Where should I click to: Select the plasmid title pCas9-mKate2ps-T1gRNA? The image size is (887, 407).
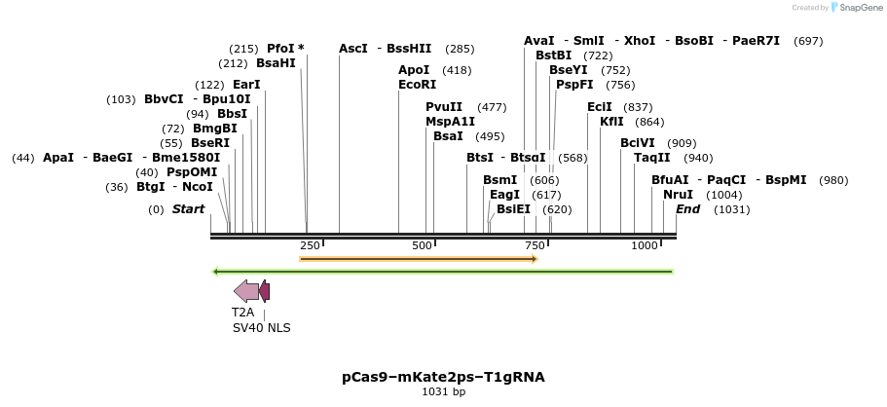point(443,376)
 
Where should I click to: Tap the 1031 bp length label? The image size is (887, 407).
point(443,391)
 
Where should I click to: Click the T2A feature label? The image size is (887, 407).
point(242,313)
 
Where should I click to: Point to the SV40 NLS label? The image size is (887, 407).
point(261,328)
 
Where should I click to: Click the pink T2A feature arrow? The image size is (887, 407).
point(246,290)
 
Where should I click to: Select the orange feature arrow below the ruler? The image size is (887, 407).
point(419,259)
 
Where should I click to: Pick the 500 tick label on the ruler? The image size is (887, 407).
point(422,245)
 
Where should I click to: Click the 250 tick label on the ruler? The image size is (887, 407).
point(310,245)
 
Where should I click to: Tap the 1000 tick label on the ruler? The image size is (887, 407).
point(645,245)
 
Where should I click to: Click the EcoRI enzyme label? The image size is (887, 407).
point(417,85)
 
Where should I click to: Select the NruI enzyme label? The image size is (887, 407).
point(678,195)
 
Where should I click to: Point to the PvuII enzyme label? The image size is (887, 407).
point(444,107)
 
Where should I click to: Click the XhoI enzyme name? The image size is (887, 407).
point(640,41)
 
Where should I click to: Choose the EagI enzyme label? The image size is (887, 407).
point(504,195)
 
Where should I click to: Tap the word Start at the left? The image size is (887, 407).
point(188,209)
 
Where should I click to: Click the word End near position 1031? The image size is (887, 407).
point(687,209)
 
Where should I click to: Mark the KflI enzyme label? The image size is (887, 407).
point(611,122)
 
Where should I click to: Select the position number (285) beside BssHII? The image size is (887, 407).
point(460,49)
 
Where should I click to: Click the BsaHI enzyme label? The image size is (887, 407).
point(276,63)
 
